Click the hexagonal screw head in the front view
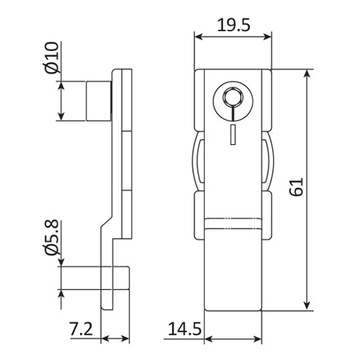[231, 97]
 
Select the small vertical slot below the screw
[231, 132]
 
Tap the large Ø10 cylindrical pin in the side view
[98, 100]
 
